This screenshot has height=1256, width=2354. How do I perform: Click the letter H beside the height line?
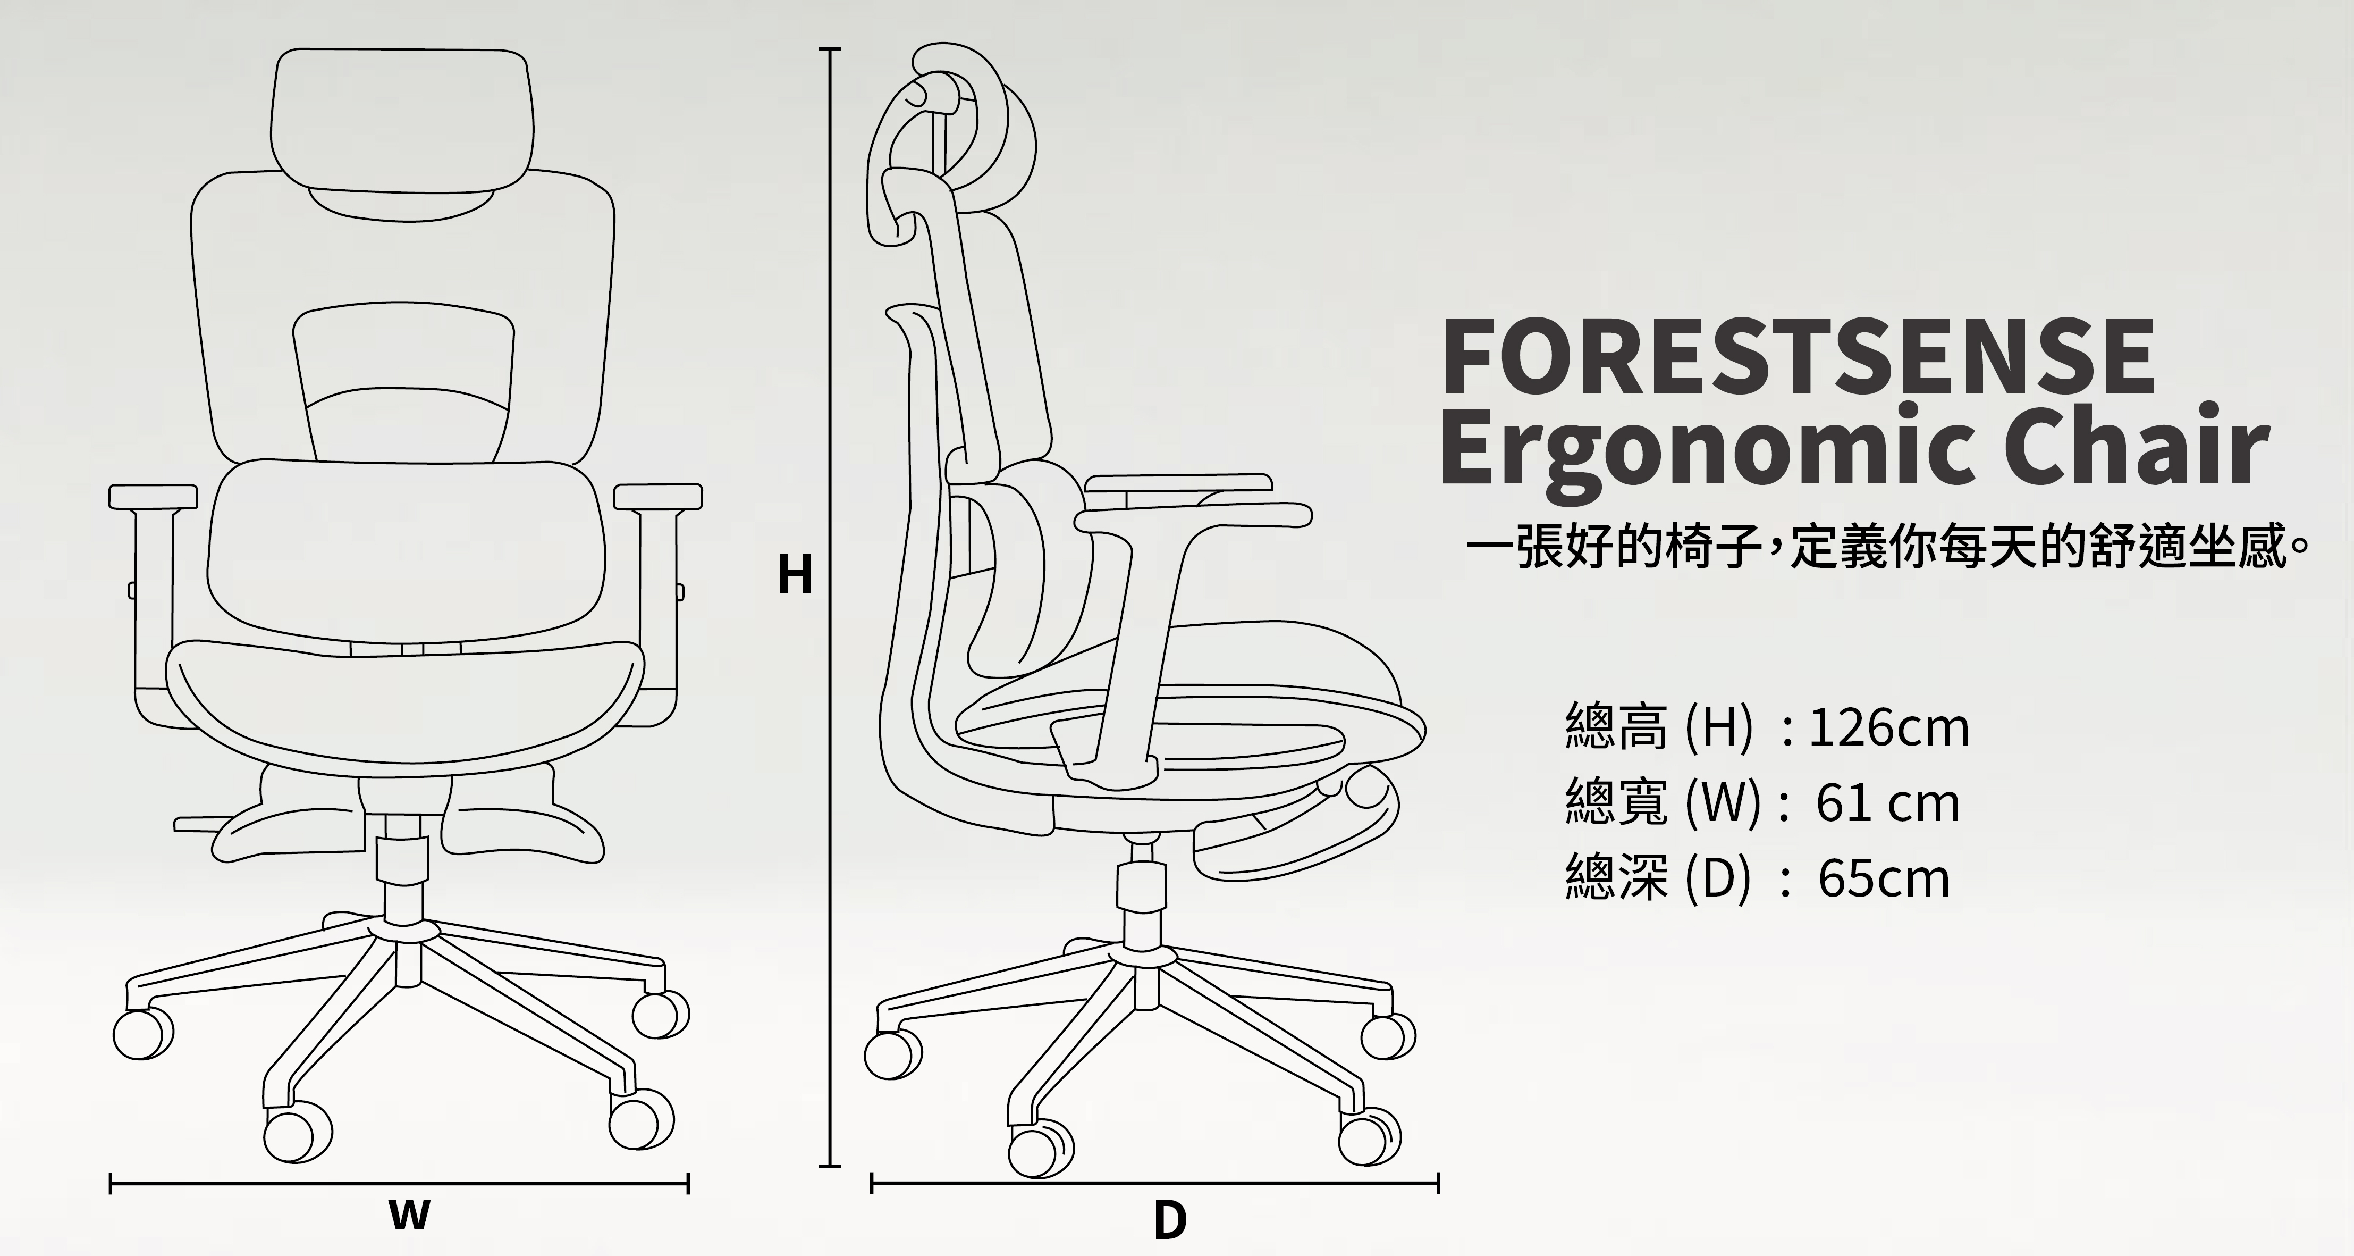(x=795, y=576)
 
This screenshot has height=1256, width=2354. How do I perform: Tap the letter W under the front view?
(x=409, y=1215)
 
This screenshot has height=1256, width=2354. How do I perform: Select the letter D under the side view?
(x=1170, y=1220)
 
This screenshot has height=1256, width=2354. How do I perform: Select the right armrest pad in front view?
(x=658, y=496)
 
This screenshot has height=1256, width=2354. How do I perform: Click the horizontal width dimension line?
(x=399, y=1186)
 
